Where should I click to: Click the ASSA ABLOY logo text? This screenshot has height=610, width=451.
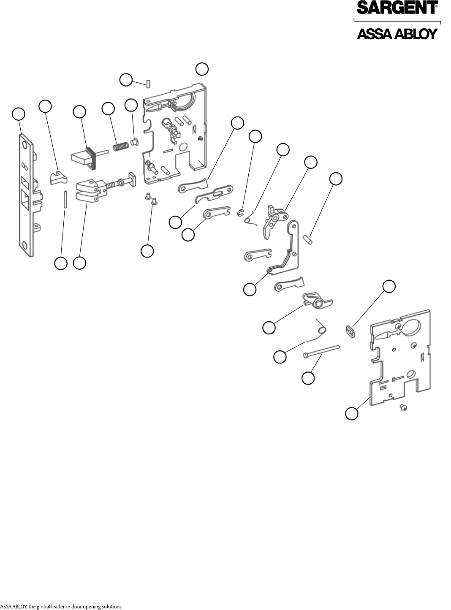pyautogui.click(x=397, y=34)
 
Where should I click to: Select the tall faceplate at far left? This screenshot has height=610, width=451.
pyautogui.click(x=26, y=194)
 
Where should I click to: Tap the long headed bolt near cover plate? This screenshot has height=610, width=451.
pyautogui.click(x=321, y=352)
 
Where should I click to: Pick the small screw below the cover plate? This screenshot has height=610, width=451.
pyautogui.click(x=404, y=408)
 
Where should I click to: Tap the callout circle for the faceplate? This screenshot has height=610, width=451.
pyautogui.click(x=18, y=114)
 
